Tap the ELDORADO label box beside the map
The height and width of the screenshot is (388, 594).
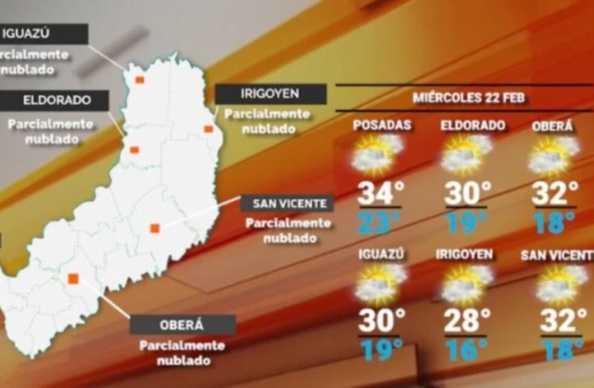[54, 101]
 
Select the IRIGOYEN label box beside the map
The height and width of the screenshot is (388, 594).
[270, 94]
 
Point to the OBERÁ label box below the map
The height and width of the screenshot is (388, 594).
[182, 324]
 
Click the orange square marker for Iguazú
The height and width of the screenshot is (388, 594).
[139, 80]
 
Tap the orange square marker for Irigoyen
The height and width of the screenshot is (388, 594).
[208, 129]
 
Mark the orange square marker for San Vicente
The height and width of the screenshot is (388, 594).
[155, 228]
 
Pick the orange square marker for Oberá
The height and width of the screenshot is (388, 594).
[73, 278]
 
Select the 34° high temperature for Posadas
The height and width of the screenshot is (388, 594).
[380, 193]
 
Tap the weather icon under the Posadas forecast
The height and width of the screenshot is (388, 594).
[378, 154]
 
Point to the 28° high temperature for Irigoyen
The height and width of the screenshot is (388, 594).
[466, 321]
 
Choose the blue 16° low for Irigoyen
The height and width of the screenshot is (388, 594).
[466, 350]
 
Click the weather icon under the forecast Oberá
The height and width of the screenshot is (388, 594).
[553, 155]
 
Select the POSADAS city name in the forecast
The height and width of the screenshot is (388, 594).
[382, 125]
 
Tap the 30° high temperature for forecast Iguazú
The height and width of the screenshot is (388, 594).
[380, 321]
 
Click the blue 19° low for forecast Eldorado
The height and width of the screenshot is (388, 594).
[466, 222]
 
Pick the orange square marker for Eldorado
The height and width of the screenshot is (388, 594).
[135, 150]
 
